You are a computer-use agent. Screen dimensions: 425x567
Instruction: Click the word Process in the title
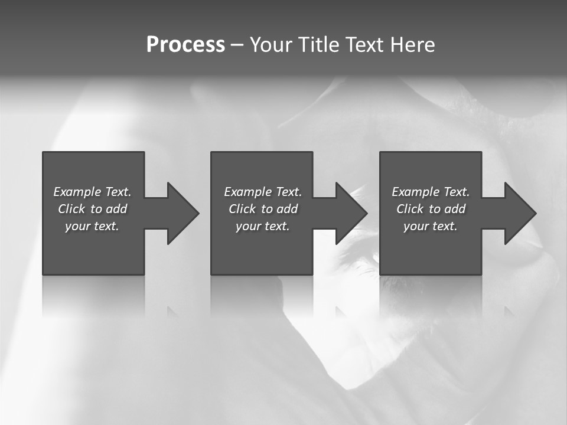pos(185,45)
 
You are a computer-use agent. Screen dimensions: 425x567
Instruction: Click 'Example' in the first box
pos(77,192)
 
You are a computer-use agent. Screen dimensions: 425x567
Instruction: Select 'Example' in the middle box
pos(248,192)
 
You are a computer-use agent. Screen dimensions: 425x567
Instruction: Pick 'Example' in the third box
pos(416,192)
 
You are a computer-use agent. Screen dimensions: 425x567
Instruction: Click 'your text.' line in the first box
pos(92,226)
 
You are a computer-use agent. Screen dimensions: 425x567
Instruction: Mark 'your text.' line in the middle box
pos(263,226)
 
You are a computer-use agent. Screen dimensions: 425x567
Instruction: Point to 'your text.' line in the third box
pos(431,226)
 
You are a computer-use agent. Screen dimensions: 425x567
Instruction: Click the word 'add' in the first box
pos(116,209)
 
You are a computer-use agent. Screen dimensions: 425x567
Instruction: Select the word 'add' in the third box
pos(455,209)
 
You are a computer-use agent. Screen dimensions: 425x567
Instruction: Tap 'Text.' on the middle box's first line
pos(288,192)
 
